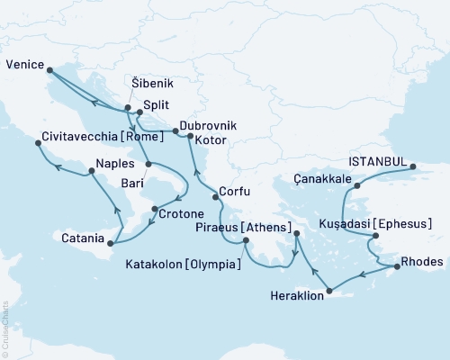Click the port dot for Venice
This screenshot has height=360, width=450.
[49, 68]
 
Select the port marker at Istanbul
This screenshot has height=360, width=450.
[413, 166]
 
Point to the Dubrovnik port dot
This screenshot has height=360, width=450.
[175, 131]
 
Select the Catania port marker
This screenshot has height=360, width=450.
[109, 243]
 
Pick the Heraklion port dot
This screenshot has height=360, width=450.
[330, 291]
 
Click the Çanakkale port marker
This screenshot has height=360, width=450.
[356, 186]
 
